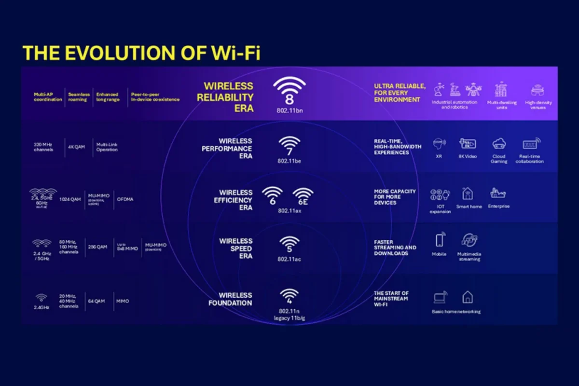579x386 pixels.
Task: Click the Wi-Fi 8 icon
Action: tap(289, 91)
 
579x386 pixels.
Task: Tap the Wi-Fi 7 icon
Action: tap(289, 146)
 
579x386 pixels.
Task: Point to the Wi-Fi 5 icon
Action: tap(289, 245)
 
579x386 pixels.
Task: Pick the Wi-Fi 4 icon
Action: tap(289, 295)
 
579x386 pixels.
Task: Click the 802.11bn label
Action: tap(289, 111)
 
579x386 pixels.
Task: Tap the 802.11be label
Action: tap(289, 161)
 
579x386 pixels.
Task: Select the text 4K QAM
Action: tap(77, 147)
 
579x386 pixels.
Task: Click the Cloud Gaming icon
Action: tap(499, 144)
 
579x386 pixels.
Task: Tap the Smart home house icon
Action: tap(467, 194)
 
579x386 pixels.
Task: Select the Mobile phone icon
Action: tap(439, 240)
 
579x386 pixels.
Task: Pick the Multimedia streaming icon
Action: tap(469, 240)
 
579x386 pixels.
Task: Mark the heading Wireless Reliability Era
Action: tap(228, 97)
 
